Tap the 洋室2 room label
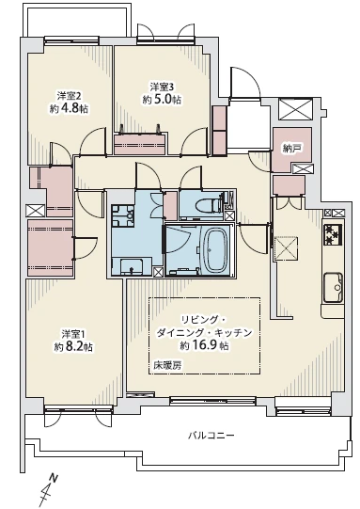[69, 96]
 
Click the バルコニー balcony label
[211, 435]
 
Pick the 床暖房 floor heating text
[167, 365]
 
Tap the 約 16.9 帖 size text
[205, 345]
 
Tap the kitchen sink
[334, 287]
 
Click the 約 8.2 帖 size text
[73, 347]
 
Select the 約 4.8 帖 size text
[69, 108]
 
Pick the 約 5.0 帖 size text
[162, 100]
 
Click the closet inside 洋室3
[141, 143]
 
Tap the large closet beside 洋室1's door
[50, 247]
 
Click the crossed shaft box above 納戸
[295, 109]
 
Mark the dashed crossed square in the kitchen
[286, 248]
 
